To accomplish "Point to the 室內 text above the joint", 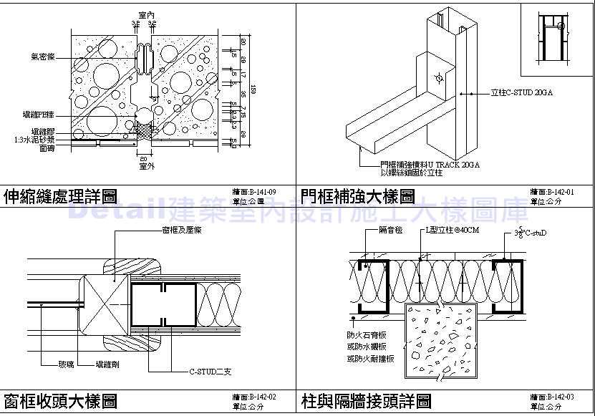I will click(x=145, y=14).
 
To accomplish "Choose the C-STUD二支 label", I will click(x=208, y=372).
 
